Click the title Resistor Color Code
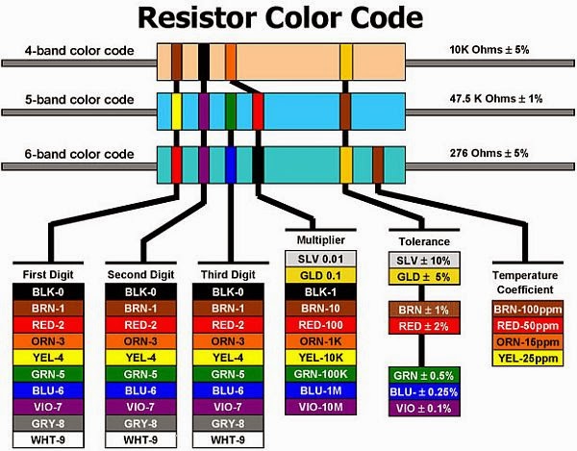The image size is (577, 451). coord(279,18)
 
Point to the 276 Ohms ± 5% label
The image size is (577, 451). coord(489,153)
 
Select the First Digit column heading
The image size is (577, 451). coord(45,273)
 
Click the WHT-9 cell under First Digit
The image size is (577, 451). coord(45,441)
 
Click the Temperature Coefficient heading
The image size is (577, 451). coord(525,282)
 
